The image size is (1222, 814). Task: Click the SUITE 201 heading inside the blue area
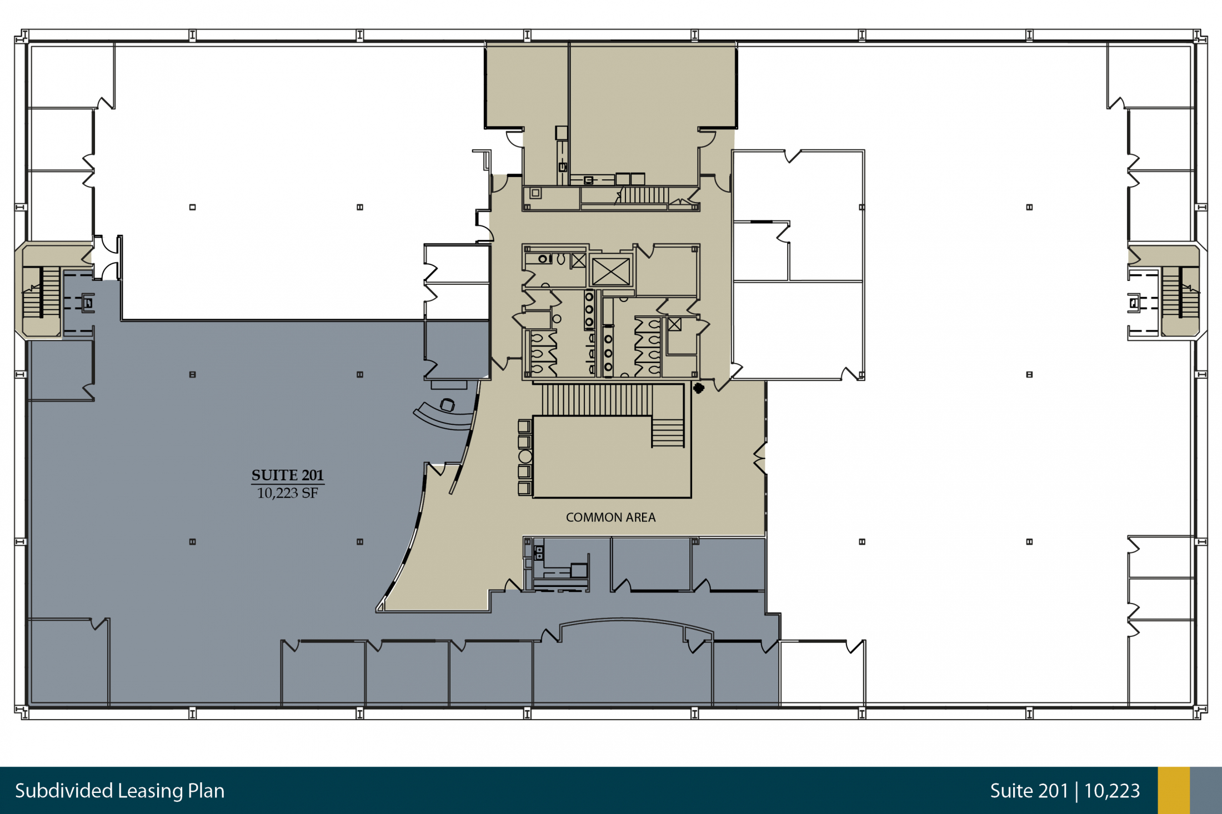click(x=287, y=475)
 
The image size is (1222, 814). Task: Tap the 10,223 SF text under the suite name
click(x=287, y=493)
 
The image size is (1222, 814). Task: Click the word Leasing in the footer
click(x=151, y=791)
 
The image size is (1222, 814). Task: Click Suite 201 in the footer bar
click(x=1029, y=791)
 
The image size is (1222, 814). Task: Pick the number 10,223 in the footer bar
click(x=1111, y=791)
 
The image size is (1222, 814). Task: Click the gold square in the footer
click(x=1174, y=791)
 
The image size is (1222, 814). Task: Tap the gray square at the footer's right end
click(x=1206, y=791)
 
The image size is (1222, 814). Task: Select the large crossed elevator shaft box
click(x=610, y=272)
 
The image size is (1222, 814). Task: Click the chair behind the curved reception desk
click(x=448, y=405)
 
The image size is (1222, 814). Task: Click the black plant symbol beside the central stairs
click(x=699, y=388)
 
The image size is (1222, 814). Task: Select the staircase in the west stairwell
click(x=42, y=292)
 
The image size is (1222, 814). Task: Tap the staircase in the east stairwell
click(x=1180, y=292)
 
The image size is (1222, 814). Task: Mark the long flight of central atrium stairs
click(x=597, y=400)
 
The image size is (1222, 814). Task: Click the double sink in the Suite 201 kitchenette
click(x=538, y=552)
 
